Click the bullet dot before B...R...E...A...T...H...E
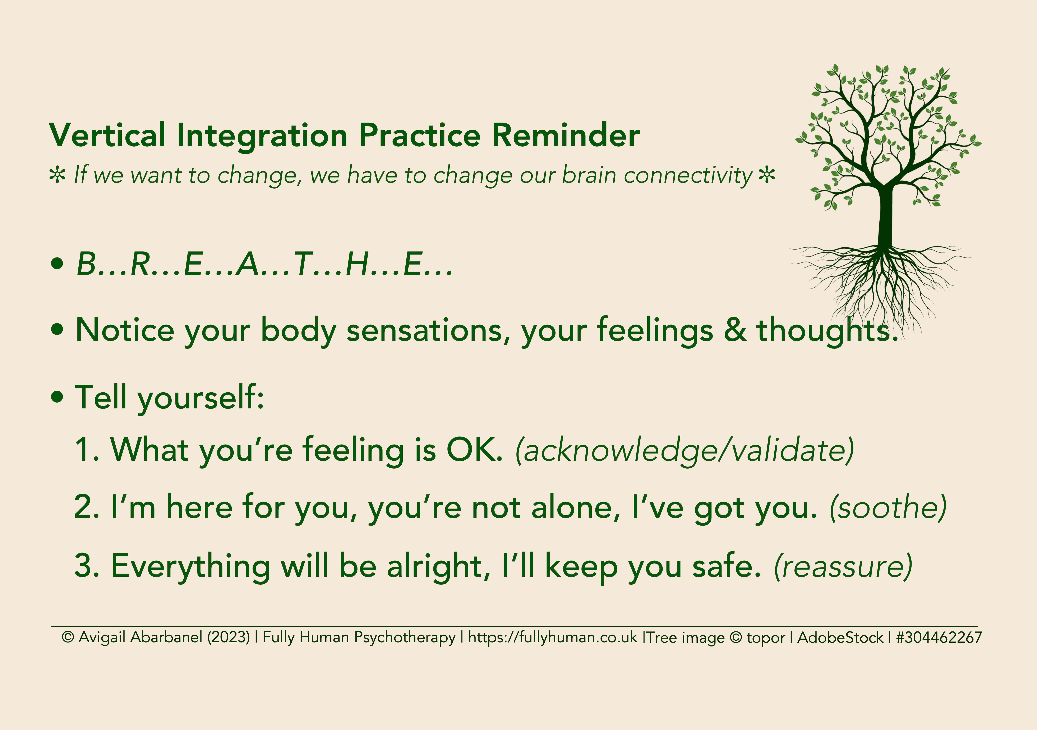coord(57,264)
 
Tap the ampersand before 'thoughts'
coord(735,330)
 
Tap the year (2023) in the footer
coord(229,637)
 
